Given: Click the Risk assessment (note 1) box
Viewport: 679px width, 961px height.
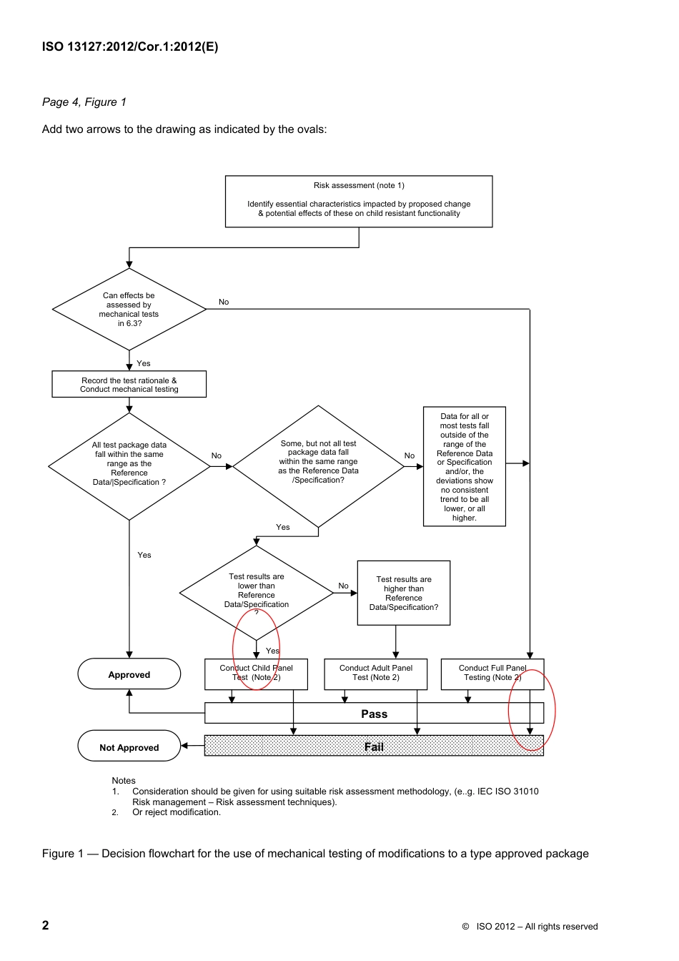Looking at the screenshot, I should (359, 201).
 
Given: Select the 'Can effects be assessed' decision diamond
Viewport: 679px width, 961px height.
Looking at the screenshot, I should (129, 310).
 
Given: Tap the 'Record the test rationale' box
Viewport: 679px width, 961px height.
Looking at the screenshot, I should (129, 384).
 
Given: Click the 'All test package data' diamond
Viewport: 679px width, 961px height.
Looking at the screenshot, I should (129, 465).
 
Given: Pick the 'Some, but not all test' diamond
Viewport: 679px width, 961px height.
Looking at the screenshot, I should (318, 465).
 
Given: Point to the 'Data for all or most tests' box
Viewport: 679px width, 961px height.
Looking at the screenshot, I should (465, 466).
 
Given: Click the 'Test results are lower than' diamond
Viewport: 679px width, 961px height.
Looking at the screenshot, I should (256, 593).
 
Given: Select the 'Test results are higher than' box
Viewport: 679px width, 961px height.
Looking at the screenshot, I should (404, 593).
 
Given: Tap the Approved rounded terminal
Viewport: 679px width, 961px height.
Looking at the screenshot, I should (129, 674).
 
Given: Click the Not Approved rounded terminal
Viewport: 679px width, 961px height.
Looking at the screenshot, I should (129, 746).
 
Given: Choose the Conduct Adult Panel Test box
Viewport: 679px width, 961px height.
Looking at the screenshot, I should (375, 674).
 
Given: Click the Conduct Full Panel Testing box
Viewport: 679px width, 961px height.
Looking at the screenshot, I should (492, 674).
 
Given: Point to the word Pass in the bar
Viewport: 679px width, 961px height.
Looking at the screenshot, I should (374, 714).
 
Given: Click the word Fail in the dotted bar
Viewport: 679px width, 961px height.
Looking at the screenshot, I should (374, 746).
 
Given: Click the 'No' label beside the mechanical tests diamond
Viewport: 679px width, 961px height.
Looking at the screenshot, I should (224, 302).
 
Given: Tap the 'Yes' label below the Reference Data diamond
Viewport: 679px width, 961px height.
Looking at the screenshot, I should (144, 555).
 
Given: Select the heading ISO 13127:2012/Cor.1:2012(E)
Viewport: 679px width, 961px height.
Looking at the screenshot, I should (130, 47).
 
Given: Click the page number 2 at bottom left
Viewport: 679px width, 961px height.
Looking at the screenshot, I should (46, 925).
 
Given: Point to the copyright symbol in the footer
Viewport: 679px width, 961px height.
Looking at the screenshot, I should (465, 927).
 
